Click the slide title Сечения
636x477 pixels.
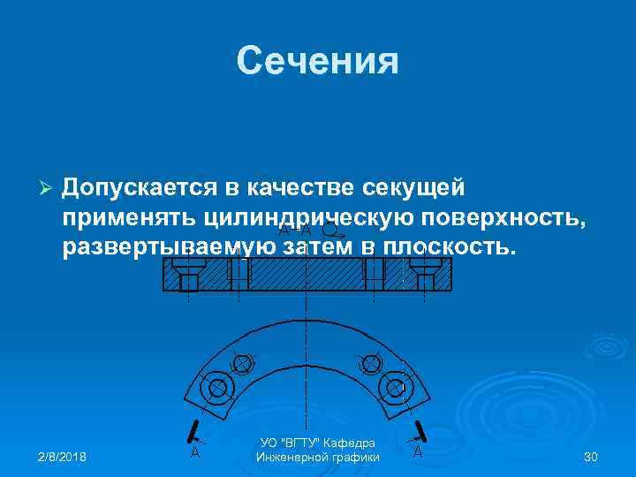coord(318,62)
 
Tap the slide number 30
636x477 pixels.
coord(591,457)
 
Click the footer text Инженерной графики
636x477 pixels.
coord(317,458)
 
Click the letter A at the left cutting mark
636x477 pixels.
coord(194,452)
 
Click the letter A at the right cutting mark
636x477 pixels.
coord(417,452)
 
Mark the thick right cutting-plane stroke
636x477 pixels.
coord(422,430)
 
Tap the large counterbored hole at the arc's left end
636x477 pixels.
coord(215,387)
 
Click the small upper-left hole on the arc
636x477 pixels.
coord(240,363)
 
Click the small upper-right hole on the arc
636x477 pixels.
coord(370,363)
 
